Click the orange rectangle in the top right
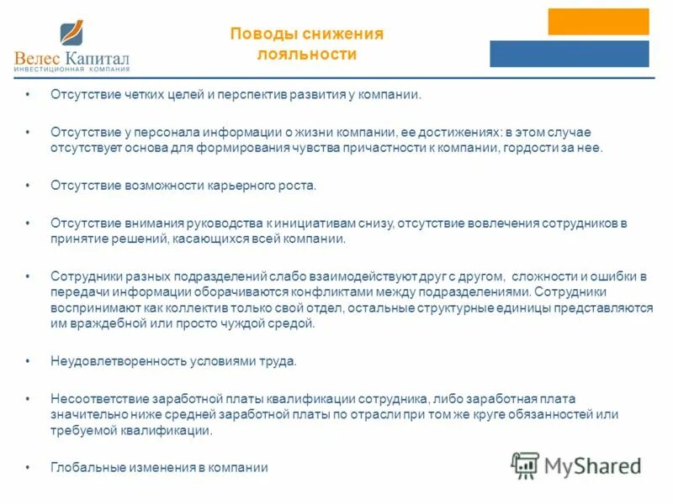(598, 21)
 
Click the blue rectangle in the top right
(570, 54)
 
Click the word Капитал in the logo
(98, 59)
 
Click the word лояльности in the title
(307, 55)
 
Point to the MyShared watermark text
(592, 465)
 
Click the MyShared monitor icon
(525, 465)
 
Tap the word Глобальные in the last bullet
(84, 468)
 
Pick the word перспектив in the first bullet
(253, 95)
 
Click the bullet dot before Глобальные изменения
(29, 468)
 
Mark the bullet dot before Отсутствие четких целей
(29, 95)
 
